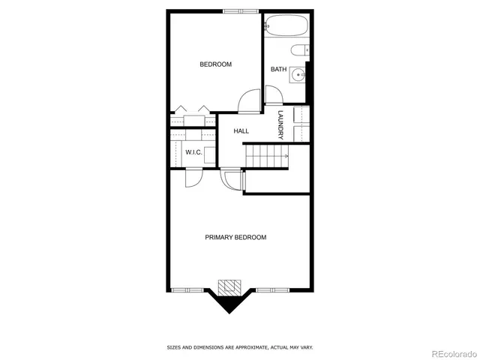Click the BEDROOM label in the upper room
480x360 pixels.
click(215, 64)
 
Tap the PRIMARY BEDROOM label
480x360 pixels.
click(235, 238)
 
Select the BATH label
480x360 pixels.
click(278, 70)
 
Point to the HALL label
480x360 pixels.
click(241, 131)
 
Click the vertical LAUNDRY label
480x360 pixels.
click(280, 125)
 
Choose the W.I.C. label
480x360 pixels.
click(193, 153)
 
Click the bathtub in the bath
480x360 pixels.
click(286, 27)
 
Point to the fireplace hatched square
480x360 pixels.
click(228, 287)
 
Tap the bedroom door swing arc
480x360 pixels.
click(249, 100)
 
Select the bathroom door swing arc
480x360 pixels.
click(273, 95)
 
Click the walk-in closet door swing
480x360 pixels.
click(191, 178)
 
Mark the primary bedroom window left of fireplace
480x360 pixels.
click(187, 290)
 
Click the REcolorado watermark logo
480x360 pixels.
click(447, 352)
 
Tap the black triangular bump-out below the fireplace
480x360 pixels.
click(228, 302)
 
